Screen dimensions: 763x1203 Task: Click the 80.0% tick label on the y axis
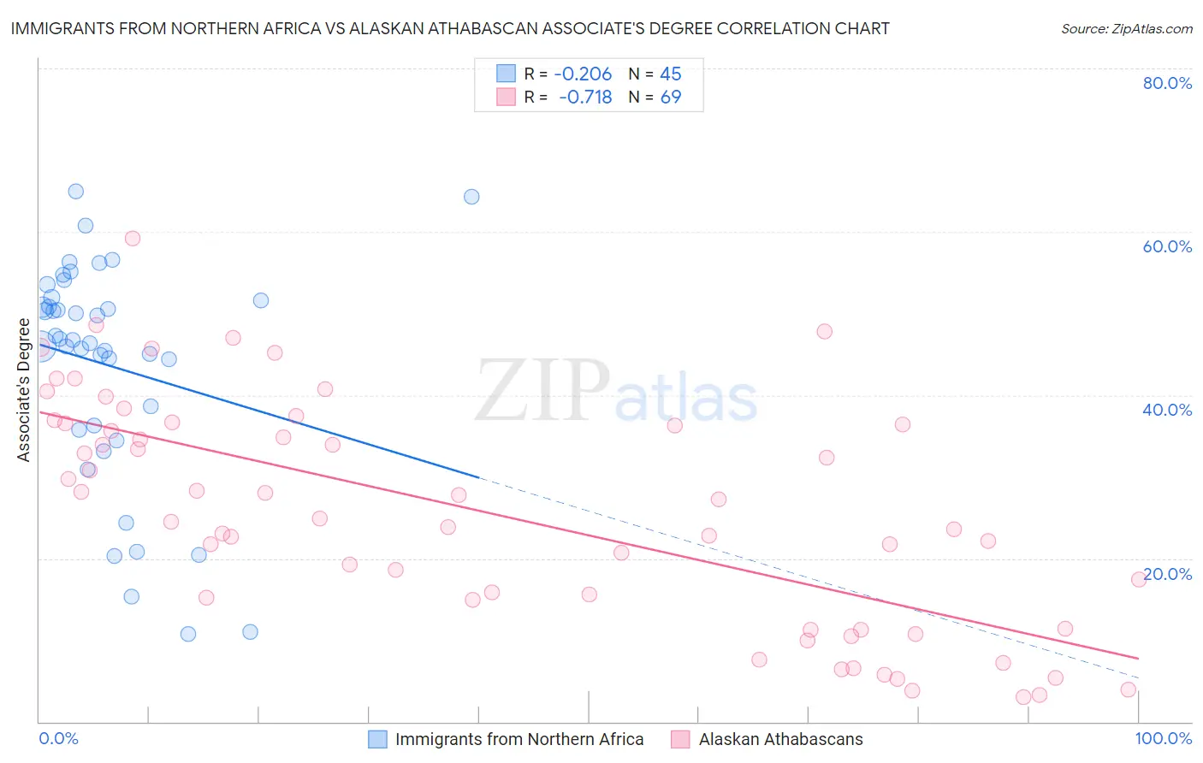(x=1167, y=83)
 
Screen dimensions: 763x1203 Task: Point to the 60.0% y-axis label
(x=1167, y=246)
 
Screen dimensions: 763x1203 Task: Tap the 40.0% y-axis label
(x=1167, y=410)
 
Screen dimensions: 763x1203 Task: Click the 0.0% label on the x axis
(x=58, y=738)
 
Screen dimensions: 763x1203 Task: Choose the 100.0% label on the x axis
(x=1164, y=738)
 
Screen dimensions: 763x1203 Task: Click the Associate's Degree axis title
(x=23, y=390)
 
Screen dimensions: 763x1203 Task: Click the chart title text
(x=450, y=28)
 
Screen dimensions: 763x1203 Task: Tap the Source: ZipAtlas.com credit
(x=1126, y=28)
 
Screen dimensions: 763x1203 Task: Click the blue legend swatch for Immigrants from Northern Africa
(x=378, y=739)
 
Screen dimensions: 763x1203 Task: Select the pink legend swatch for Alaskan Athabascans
(x=680, y=739)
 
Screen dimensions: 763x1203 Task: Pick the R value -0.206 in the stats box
(x=583, y=74)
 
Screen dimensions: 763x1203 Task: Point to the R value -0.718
(x=585, y=98)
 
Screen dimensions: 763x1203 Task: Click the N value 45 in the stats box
(x=671, y=74)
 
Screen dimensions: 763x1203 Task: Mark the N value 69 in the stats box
(x=671, y=98)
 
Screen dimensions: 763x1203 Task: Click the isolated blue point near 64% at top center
(x=471, y=197)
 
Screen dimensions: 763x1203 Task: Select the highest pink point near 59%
(x=133, y=239)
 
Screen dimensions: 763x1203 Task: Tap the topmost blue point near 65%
(x=76, y=192)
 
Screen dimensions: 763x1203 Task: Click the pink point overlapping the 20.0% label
(x=1139, y=579)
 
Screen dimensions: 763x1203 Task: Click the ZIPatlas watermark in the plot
(x=616, y=393)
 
